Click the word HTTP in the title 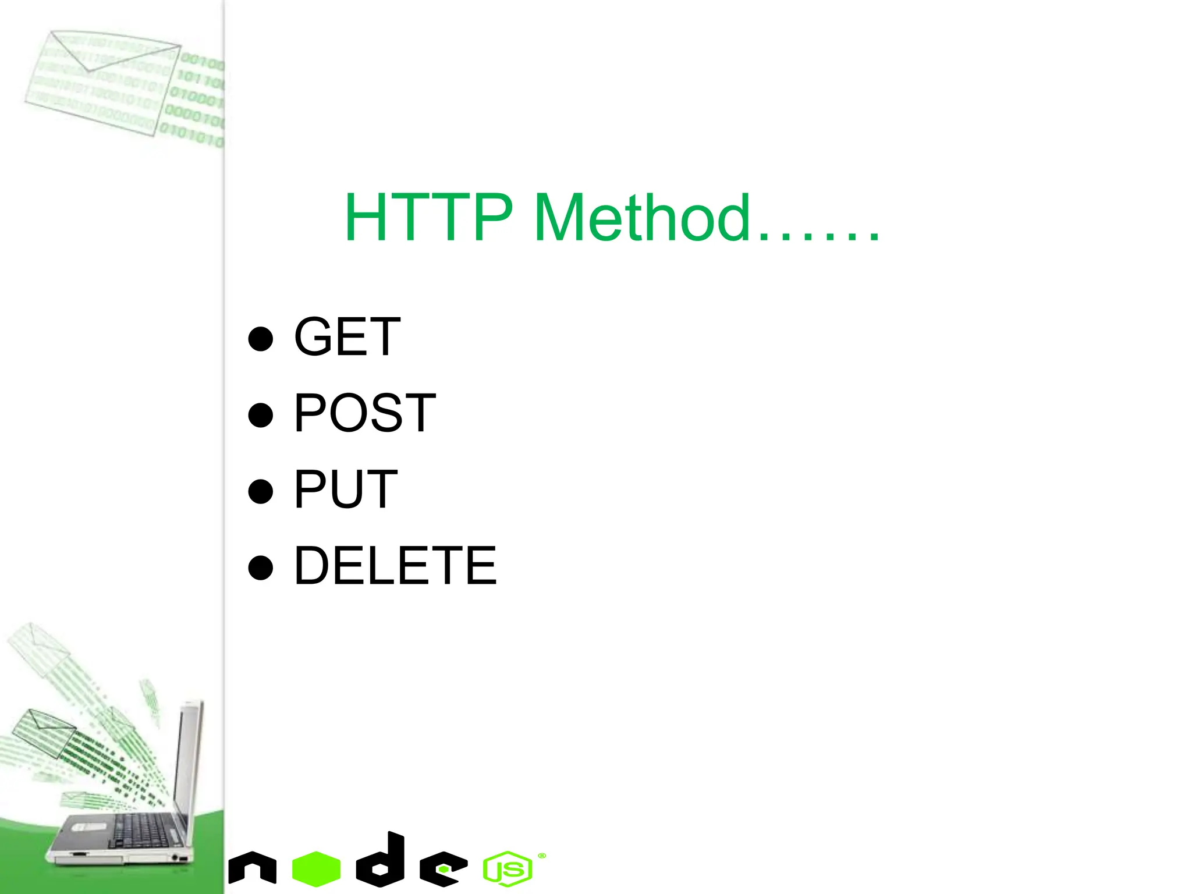pos(428,218)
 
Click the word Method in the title pos(641,218)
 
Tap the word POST pos(364,413)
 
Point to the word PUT pos(346,489)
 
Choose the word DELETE pos(395,566)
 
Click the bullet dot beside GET pos(260,339)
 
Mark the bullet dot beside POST pos(260,415)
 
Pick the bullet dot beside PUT pos(260,491)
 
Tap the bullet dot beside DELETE pos(260,567)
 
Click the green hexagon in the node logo pos(316,868)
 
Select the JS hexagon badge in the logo pos(507,869)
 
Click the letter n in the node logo pos(252,868)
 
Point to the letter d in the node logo pos(382,860)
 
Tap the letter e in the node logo pos(444,869)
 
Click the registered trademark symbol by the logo pos(542,856)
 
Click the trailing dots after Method pos(818,236)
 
